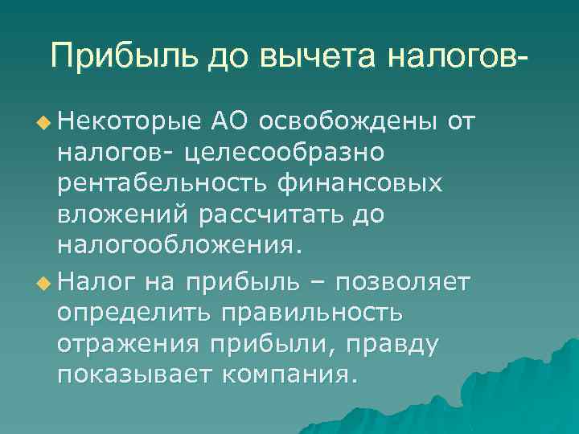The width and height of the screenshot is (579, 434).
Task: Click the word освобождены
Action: coord(350,121)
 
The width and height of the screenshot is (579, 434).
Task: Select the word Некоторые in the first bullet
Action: coord(129,121)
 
